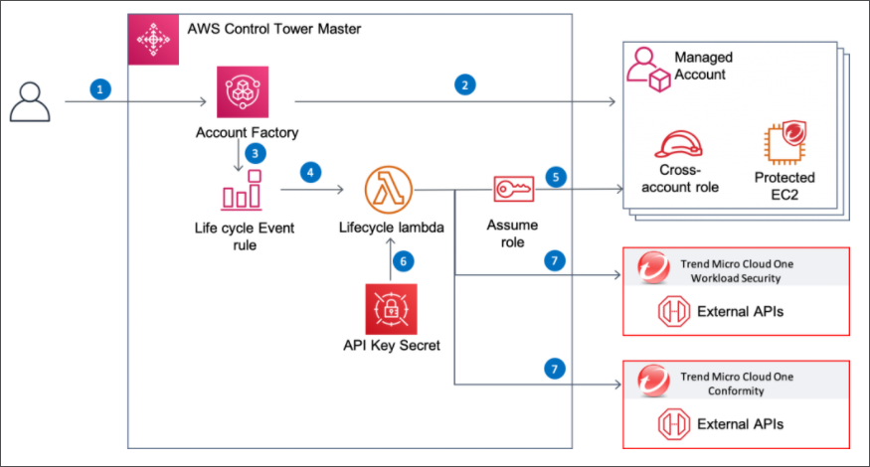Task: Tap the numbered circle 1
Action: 98,88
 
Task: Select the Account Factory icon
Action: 239,92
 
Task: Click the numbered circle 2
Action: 463,84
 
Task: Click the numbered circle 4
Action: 311,172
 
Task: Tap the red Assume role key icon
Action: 515,188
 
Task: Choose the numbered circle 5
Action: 556,178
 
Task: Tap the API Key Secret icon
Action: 386,308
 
